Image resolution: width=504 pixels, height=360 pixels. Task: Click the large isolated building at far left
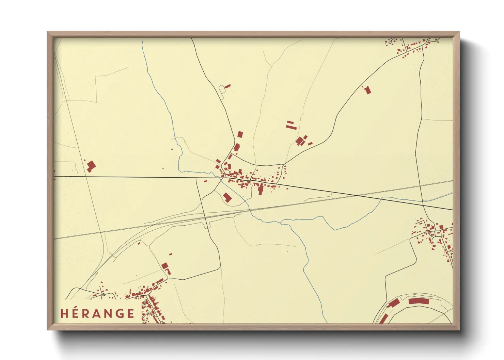coord(91,166)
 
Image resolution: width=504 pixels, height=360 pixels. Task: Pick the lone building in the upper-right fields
coord(367,90)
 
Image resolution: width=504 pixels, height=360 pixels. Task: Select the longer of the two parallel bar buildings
coord(291,127)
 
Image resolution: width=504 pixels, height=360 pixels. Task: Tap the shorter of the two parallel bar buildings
coord(290,122)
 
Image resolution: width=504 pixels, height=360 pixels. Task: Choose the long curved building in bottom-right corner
coord(419,301)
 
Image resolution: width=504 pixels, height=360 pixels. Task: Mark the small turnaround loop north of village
coord(222,89)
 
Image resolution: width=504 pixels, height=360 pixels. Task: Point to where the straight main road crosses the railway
coord(357,196)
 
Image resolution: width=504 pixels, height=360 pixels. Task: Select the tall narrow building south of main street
coord(261,189)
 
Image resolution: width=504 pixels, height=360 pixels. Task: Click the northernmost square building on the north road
coord(240,134)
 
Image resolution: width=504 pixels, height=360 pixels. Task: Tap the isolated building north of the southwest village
coord(165,266)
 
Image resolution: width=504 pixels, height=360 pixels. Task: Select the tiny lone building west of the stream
coord(172,149)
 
